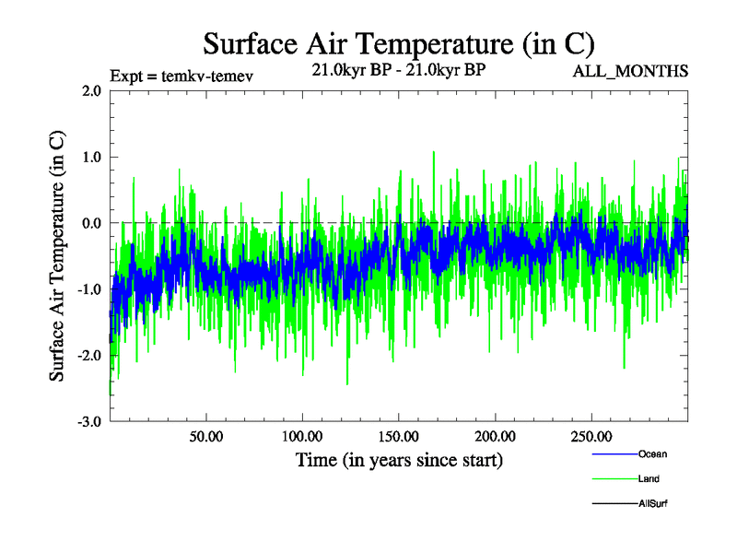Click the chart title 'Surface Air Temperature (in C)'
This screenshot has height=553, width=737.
pos(398,43)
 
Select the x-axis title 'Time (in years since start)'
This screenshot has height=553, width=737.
pos(399,459)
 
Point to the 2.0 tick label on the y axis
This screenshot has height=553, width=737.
pos(91,90)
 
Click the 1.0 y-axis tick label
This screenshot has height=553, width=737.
pos(91,157)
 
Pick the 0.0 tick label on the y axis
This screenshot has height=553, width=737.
pos(91,223)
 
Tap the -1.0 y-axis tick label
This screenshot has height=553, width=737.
pos(89,289)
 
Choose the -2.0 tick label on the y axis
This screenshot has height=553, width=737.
pos(89,356)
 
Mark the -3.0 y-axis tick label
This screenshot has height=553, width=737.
pos(89,422)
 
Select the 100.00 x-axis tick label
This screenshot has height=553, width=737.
pos(302,436)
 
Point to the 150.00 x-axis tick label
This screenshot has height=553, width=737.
pos(398,436)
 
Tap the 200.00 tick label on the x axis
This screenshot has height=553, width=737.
pos(495,436)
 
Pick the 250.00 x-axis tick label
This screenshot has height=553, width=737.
pos(591,436)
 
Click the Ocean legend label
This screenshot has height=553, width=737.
pos(652,454)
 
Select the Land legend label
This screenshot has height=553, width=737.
pos(649,479)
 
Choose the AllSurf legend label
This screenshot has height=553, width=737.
pos(653,504)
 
